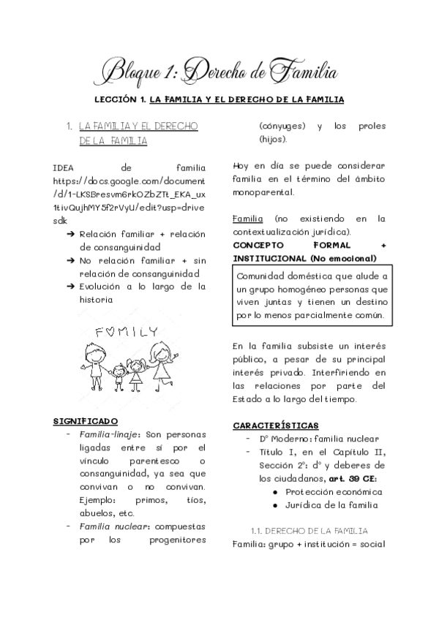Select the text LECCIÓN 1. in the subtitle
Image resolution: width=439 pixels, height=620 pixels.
pos(118,99)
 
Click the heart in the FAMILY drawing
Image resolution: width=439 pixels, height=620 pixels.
pos(110,331)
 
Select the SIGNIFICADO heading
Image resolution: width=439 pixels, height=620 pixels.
pos(86,421)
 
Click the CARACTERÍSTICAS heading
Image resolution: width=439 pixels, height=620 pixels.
pos(275,425)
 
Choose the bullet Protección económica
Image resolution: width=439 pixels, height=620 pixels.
pos(331,492)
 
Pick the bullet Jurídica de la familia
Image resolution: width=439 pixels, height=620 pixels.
pos(331,505)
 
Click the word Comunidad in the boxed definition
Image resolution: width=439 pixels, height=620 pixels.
pos(261,276)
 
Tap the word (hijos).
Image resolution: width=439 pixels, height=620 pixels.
pos(272,139)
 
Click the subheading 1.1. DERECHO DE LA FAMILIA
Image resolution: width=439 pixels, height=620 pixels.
pos(309,530)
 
